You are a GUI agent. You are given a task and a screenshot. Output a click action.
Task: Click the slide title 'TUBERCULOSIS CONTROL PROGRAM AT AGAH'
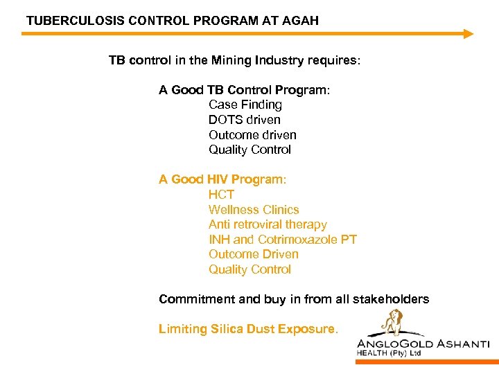173,21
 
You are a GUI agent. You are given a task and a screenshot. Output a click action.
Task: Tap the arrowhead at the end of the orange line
469,33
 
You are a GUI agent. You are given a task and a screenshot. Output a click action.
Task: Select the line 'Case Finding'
245,105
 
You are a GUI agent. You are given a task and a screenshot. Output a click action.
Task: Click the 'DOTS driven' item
245,120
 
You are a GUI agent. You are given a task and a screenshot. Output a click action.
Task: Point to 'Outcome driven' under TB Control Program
252,135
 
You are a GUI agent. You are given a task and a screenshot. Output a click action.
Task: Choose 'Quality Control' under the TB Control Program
249,150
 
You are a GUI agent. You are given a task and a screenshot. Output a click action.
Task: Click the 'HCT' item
222,195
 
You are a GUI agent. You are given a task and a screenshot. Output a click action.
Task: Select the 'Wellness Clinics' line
254,210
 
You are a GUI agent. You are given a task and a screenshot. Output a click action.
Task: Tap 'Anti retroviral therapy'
268,224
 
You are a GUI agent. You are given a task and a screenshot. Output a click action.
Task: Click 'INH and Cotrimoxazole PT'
283,240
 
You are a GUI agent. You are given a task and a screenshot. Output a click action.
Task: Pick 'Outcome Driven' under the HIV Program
254,254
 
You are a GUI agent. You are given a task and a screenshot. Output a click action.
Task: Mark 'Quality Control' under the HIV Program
249,269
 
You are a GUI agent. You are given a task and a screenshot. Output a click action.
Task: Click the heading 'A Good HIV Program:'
222,179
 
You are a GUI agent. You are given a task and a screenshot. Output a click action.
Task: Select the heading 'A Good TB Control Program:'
245,90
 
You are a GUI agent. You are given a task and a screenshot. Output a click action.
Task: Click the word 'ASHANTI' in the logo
460,344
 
